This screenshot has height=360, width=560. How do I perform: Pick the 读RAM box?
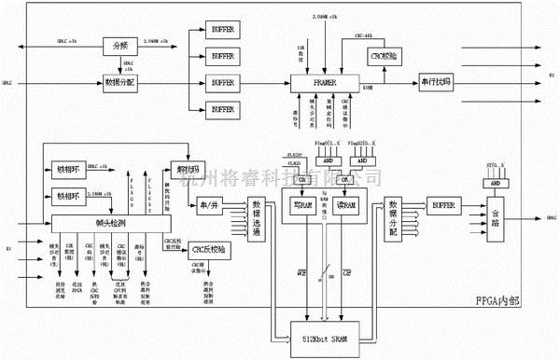[346, 206]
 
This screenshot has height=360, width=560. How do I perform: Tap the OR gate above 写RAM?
[301, 179]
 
